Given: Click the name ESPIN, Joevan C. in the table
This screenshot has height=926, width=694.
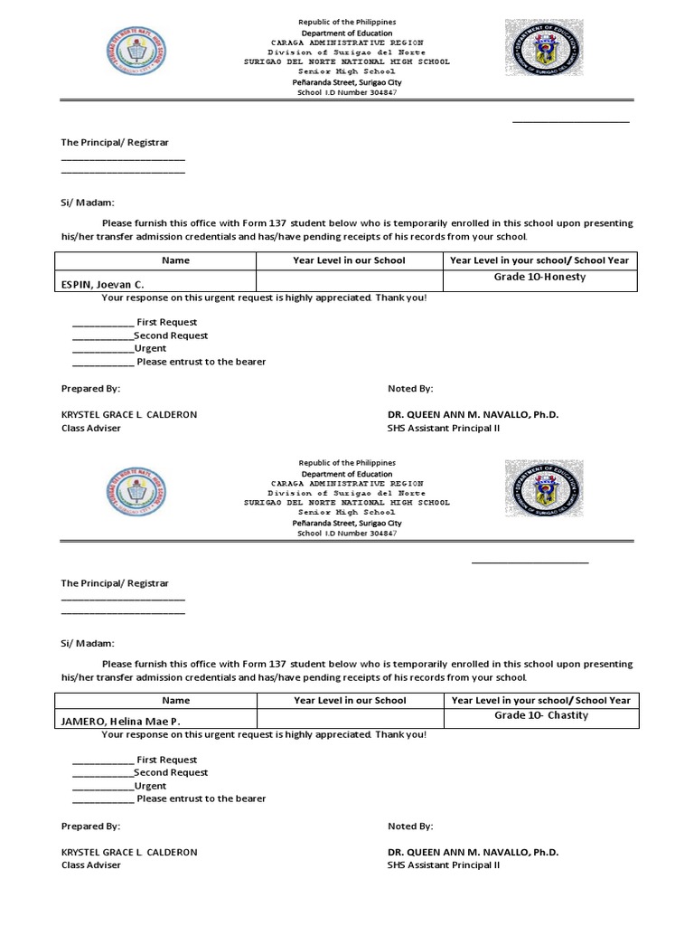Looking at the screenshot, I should tap(102, 284).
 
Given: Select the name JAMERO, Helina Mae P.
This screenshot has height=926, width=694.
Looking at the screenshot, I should tap(120, 721).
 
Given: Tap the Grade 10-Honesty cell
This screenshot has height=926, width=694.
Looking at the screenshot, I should tap(539, 277).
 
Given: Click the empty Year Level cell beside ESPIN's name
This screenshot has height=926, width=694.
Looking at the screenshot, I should tap(349, 280).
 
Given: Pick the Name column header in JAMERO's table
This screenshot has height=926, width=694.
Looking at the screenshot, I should tap(175, 700).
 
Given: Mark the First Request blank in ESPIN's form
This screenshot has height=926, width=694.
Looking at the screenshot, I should tap(102, 323).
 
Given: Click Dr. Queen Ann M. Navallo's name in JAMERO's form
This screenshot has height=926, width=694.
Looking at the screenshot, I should tap(473, 852).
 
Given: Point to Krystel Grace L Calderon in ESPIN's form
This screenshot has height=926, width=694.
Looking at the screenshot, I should tap(128, 414).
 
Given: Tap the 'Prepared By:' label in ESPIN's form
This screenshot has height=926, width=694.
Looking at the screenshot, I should tap(90, 388).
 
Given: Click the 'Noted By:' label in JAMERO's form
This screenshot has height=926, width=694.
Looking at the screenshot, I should tap(410, 826).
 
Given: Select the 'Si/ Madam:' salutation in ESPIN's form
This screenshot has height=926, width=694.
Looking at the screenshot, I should tap(88, 203).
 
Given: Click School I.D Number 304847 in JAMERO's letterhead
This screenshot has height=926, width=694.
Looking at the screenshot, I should tap(348, 534).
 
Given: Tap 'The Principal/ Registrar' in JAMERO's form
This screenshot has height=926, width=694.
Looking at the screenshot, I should tap(115, 583).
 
